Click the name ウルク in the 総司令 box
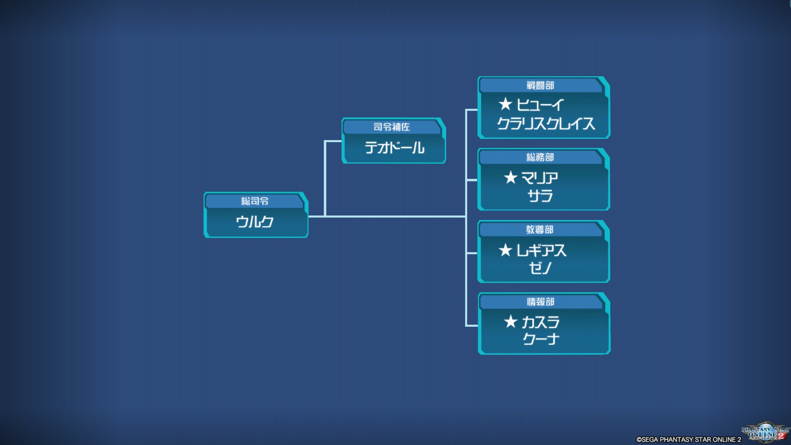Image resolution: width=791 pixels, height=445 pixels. point(255,222)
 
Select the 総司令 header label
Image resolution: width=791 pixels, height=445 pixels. point(255,201)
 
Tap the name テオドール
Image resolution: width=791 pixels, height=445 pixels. point(394,148)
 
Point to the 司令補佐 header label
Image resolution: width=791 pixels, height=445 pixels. point(391,127)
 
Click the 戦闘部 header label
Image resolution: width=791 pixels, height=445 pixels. point(540,85)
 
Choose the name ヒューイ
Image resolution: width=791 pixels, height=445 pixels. point(540,105)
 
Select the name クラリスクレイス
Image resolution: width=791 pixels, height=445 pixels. point(546,124)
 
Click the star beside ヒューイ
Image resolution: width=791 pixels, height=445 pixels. point(505,104)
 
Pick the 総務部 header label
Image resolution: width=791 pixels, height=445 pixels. point(540,157)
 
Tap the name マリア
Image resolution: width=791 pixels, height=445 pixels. point(540,178)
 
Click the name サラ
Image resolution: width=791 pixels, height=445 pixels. point(540,196)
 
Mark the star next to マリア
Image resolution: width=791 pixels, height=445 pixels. point(510,178)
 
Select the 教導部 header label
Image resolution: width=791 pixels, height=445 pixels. point(540,230)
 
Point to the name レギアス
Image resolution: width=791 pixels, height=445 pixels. point(541,250)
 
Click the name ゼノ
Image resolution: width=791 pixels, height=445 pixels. point(540,268)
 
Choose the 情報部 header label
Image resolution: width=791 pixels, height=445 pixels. point(540,302)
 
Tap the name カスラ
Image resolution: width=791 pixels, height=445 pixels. point(541,322)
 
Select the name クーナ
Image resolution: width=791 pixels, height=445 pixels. point(541,339)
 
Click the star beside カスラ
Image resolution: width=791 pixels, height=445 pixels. point(510,321)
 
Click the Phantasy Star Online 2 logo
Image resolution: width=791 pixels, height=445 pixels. point(765,433)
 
